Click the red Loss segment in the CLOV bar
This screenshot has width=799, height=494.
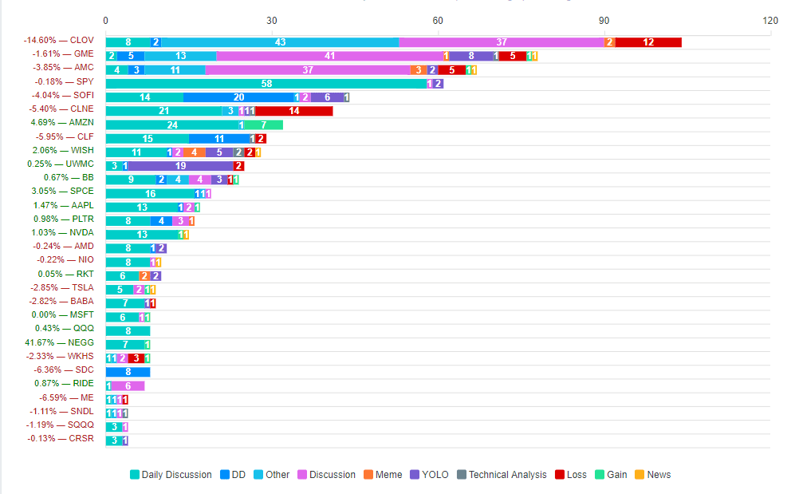(x=648, y=42)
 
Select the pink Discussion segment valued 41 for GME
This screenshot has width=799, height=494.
(x=329, y=56)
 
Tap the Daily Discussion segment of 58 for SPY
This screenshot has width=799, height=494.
(x=266, y=84)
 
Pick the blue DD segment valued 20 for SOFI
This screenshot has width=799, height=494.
(x=238, y=97)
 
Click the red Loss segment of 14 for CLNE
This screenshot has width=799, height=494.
(x=294, y=111)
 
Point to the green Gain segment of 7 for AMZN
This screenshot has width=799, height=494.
(x=263, y=125)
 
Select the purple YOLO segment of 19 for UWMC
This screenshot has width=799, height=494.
(x=180, y=166)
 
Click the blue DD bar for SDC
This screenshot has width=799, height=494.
(x=128, y=372)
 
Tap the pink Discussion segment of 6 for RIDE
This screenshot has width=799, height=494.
(x=128, y=386)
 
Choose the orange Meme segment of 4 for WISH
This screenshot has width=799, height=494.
(x=194, y=152)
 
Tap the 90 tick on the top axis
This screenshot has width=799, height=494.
(x=604, y=20)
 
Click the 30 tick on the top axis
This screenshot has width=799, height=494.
(x=272, y=20)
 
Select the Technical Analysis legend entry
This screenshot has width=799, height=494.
(x=502, y=475)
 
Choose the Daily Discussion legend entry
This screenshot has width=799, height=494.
(x=171, y=475)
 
